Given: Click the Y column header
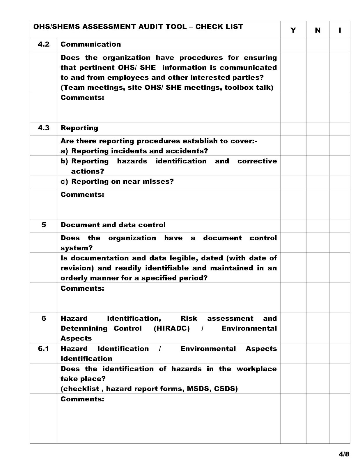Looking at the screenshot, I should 293,30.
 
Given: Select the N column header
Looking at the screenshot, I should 318,30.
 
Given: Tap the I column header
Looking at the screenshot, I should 340,30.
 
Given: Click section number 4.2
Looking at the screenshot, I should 44,44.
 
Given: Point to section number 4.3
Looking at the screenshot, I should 44,128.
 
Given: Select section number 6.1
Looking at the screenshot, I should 44,349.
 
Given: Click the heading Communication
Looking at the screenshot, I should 91,44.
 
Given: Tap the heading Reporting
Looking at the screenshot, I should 79,128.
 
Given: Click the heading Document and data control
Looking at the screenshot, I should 113,225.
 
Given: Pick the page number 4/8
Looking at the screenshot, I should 343,454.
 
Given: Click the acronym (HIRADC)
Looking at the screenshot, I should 172,329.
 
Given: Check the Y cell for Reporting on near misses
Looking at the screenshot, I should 293,182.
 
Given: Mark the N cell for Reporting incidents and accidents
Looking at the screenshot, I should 318,145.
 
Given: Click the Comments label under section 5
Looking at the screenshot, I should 82,288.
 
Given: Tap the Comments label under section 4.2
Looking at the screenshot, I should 82,98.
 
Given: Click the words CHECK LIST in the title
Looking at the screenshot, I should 219,27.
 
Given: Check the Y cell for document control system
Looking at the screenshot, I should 293,242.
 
